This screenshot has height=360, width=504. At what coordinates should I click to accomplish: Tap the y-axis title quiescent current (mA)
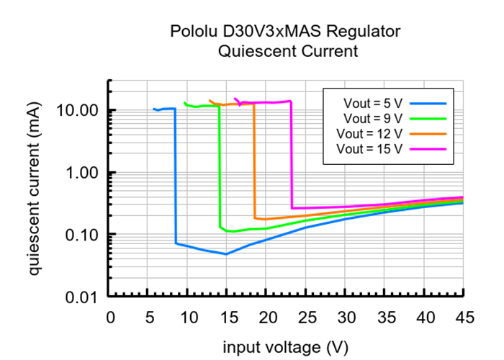click(35, 188)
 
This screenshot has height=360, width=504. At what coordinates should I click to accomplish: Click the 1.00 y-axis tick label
click(82, 173)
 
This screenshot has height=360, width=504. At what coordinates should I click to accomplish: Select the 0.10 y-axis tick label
click(82, 235)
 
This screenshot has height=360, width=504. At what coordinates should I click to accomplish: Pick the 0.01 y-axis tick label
click(82, 297)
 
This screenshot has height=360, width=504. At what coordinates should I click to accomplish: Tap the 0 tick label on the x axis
click(110, 317)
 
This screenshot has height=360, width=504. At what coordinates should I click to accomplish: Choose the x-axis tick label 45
click(464, 317)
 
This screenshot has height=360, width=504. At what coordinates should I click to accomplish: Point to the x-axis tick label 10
click(189, 317)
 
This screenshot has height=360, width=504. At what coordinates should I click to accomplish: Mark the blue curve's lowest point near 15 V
click(227, 254)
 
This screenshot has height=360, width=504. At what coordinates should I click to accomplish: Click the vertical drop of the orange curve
click(254, 162)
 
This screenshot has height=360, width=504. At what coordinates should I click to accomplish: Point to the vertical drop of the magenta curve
click(291, 155)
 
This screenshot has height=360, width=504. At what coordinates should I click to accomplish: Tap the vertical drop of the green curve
click(219, 169)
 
